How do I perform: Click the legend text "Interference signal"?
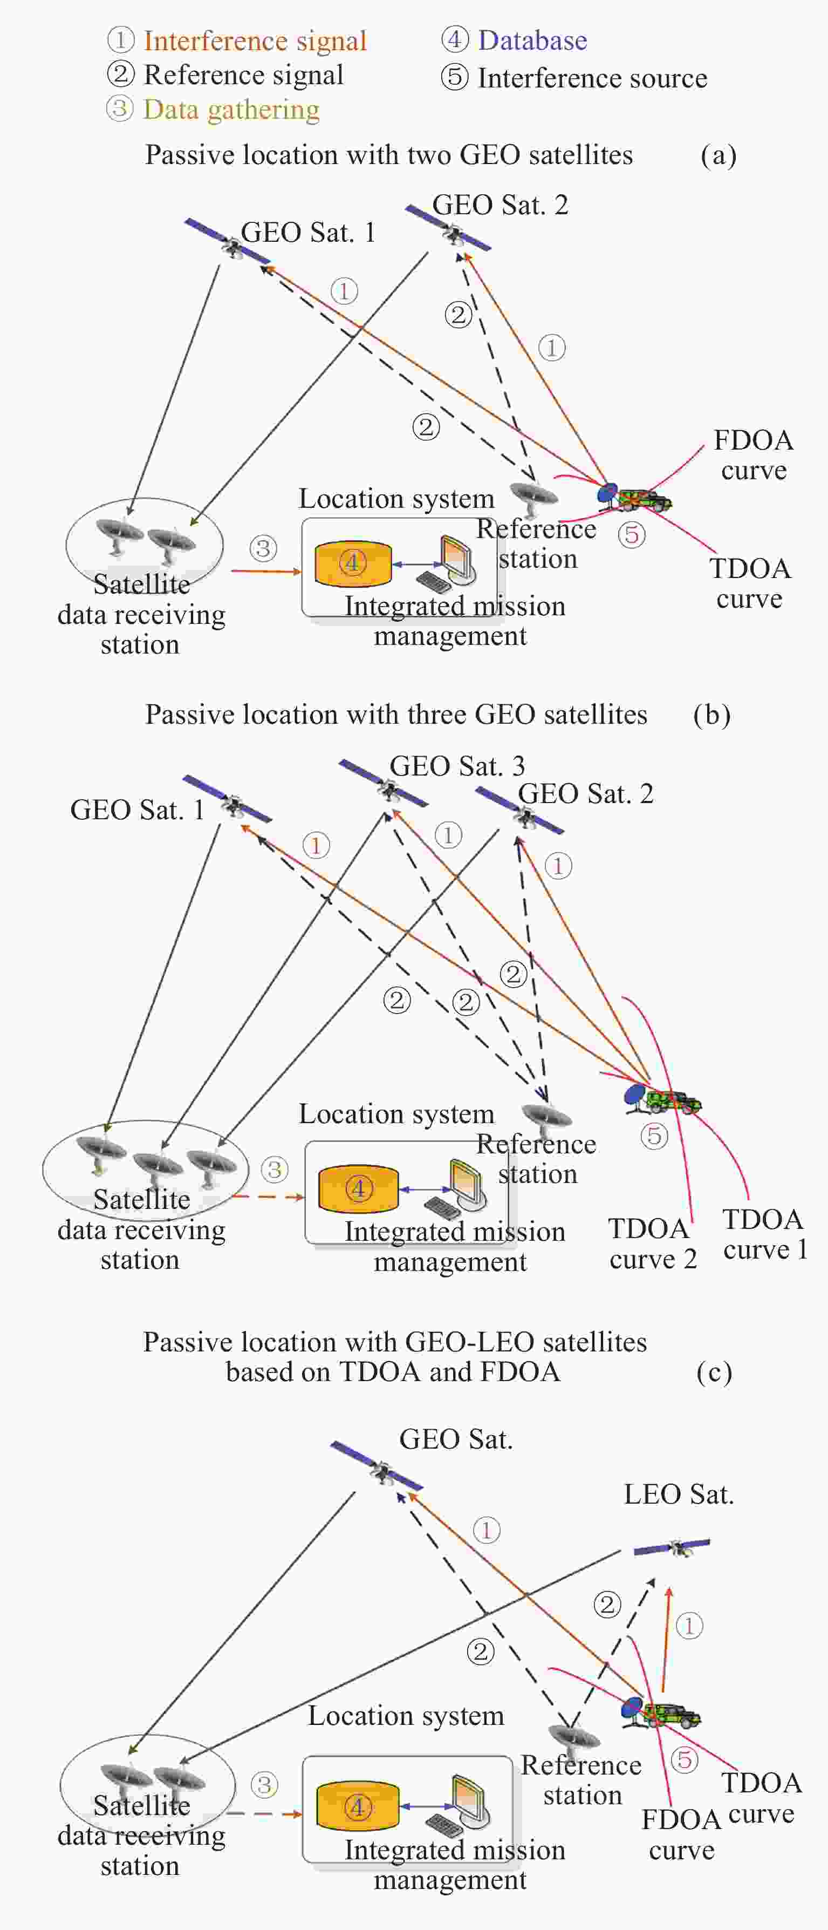[x=255, y=41]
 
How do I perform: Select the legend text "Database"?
[x=532, y=40]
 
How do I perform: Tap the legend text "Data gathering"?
[x=231, y=110]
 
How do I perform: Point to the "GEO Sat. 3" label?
[x=457, y=766]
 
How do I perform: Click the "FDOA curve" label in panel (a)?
[x=753, y=455]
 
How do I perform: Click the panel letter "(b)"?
[x=711, y=715]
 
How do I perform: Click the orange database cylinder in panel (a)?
[x=353, y=563]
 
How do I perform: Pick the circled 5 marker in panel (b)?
[x=654, y=1136]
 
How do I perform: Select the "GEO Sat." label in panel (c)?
[x=455, y=1439]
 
